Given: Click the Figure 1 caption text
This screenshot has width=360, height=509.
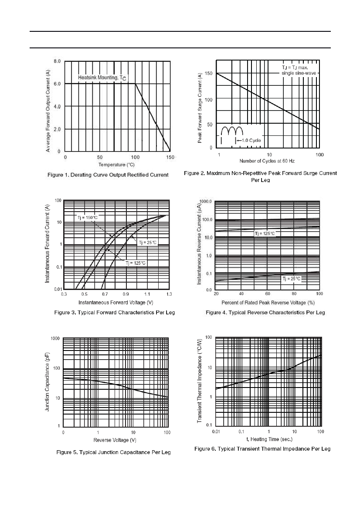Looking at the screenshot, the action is tap(108, 175).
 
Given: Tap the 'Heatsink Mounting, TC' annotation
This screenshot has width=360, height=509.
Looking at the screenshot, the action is tap(102, 78).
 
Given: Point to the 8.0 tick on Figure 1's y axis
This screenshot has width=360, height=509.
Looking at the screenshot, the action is tap(57, 61).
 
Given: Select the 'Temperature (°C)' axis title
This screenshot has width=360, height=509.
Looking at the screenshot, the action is tap(116, 165).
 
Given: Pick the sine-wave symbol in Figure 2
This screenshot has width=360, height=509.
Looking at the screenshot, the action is tap(232, 131).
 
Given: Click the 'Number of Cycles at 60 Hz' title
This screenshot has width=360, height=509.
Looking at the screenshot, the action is tap(267, 161).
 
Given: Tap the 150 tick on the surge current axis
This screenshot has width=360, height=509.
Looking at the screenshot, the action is tap(208, 73).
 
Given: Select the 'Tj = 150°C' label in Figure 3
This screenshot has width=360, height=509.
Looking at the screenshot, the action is tap(88, 218).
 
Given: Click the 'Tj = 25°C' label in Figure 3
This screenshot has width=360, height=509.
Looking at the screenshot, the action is tap(148, 243).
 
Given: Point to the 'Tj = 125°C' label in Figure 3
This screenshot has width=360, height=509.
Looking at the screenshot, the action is tap(136, 263).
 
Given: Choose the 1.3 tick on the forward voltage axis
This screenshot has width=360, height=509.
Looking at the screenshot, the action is tap(169, 294).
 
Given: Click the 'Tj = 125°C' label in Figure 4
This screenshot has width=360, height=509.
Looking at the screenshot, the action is tap(265, 233).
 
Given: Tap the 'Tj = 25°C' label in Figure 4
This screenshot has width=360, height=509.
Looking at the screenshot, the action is tap(292, 279).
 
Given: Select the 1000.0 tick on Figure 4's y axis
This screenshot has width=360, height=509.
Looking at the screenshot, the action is tap(206, 202).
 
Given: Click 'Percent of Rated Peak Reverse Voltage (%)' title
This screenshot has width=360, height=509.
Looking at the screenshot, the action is tap(268, 303).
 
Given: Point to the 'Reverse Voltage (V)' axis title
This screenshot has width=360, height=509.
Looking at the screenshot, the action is tap(115, 440).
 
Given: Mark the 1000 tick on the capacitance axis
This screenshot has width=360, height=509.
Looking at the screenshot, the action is tap(55, 339).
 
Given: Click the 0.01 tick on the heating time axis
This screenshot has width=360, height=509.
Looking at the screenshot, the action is tap(216, 432).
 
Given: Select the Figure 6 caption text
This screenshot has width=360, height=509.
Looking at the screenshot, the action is tap(262, 449).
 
